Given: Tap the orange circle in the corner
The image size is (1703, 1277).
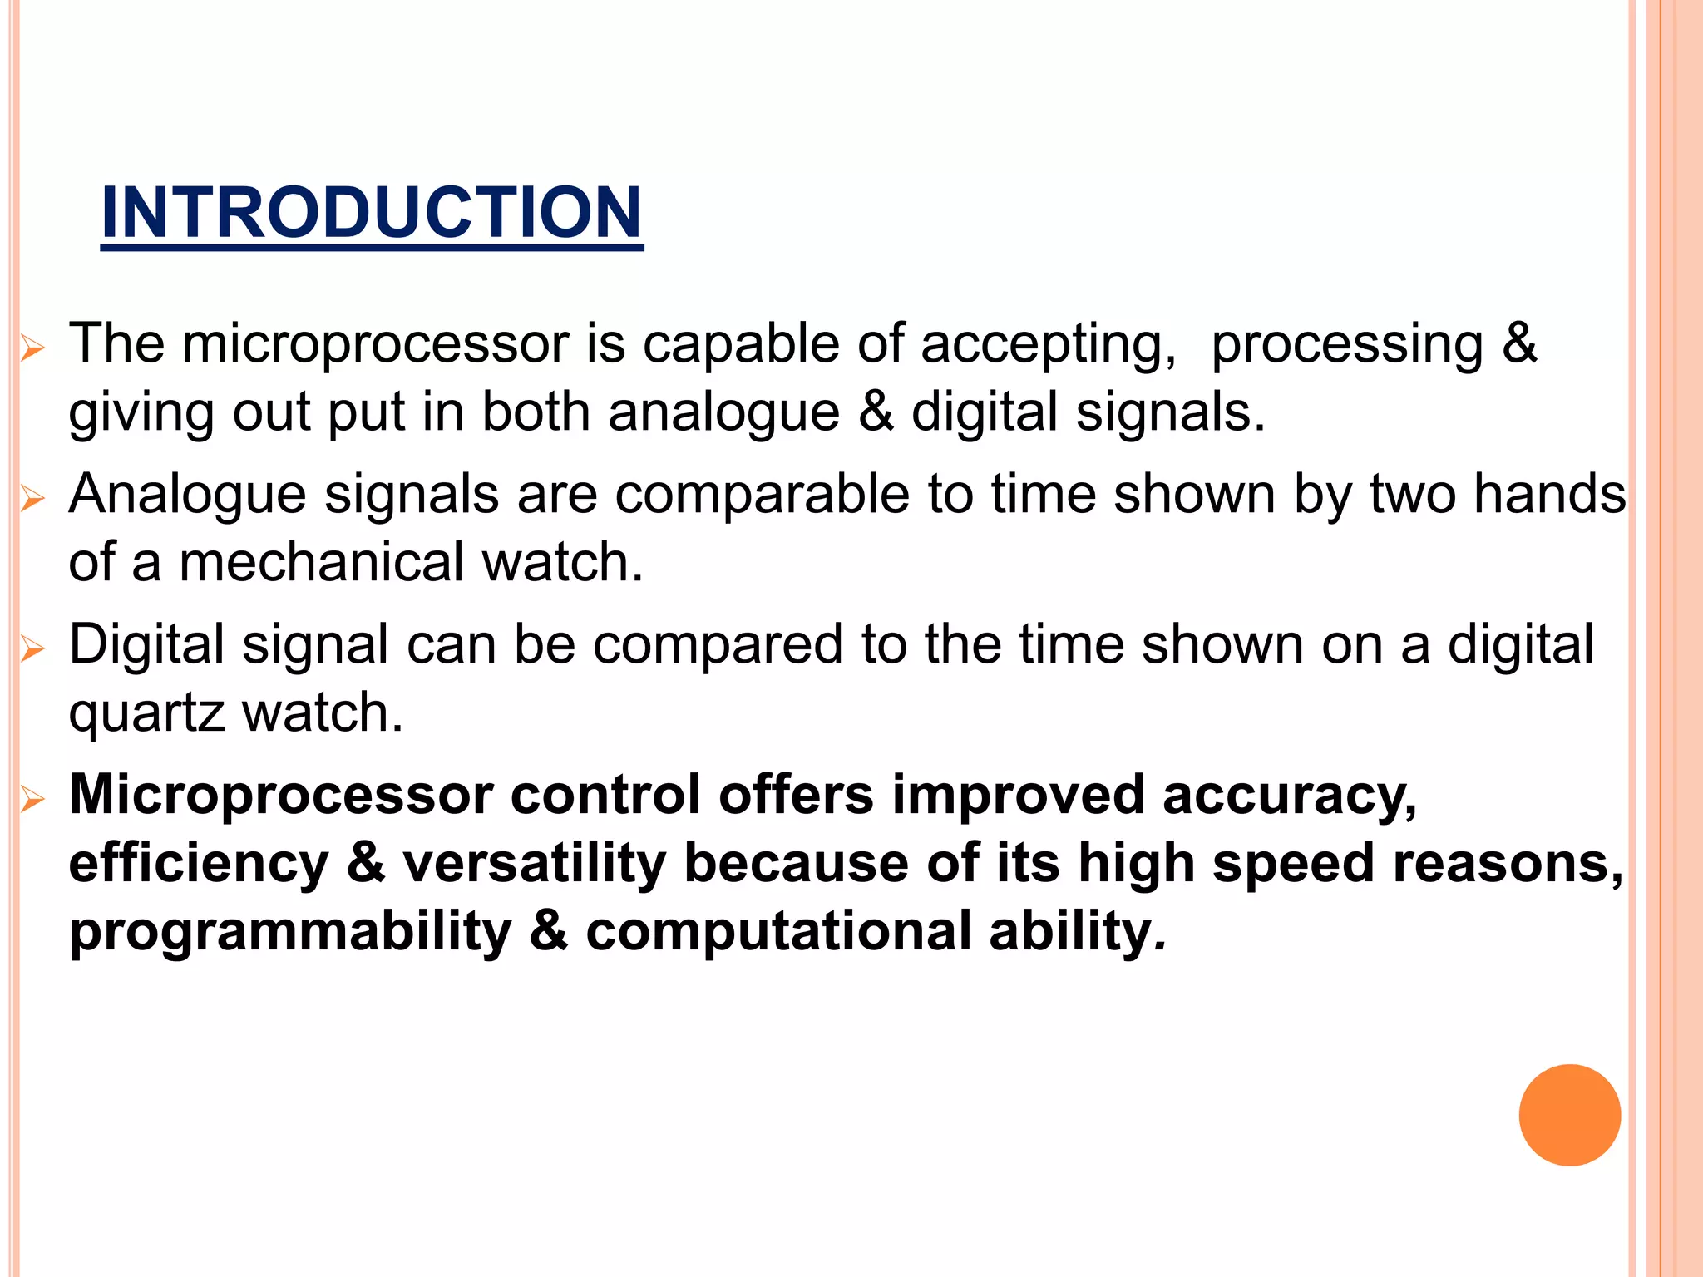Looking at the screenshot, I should click(1569, 1115).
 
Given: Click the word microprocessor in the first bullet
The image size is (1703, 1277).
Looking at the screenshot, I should click(375, 343).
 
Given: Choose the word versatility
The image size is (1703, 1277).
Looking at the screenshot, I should click(534, 863).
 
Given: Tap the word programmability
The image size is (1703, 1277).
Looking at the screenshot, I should click(290, 933).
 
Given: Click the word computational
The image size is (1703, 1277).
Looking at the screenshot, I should click(778, 931).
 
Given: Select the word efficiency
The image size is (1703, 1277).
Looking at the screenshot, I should click(199, 863).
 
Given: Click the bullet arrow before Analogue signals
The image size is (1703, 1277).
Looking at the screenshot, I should click(32, 499).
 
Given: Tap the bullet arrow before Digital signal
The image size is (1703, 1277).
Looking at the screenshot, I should click(32, 648).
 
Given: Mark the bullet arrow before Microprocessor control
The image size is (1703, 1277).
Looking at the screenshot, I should click(32, 800).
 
